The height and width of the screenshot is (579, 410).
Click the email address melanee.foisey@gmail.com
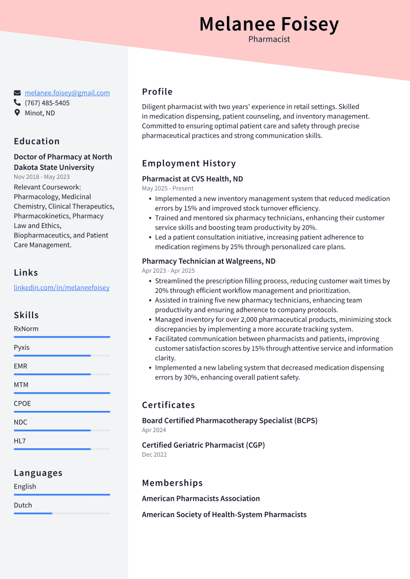pyautogui.click(x=67, y=93)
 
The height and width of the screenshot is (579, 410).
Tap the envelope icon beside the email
pyautogui.click(x=17, y=93)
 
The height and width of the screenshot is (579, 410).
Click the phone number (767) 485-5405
pyautogui.click(x=47, y=103)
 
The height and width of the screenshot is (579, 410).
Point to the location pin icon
pyautogui.click(x=17, y=113)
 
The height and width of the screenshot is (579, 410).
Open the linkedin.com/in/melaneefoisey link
pyautogui.click(x=62, y=288)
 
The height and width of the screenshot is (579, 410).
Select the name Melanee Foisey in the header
pyautogui.click(x=269, y=24)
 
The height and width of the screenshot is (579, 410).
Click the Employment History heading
pyautogui.click(x=189, y=163)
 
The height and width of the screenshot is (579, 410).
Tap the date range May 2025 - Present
pyautogui.click(x=167, y=188)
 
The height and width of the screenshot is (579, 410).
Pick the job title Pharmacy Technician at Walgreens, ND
pyautogui.click(x=208, y=261)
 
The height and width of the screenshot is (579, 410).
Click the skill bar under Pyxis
pyautogui.click(x=62, y=355)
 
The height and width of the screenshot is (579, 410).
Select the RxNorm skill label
pyautogui.click(x=26, y=329)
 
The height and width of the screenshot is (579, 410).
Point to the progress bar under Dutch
pyautogui.click(x=62, y=513)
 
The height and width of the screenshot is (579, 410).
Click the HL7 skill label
pyautogui.click(x=20, y=441)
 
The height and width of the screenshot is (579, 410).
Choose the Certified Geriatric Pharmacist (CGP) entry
pyautogui.click(x=203, y=445)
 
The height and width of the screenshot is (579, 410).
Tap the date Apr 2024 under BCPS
pyautogui.click(x=154, y=430)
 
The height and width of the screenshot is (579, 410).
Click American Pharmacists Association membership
pyautogui.click(x=201, y=498)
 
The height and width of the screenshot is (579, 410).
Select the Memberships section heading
pyautogui.click(x=172, y=483)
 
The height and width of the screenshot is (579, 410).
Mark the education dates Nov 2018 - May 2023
pyautogui.click(x=42, y=177)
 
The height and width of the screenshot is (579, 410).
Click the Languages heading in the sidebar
pyautogui.click(x=38, y=473)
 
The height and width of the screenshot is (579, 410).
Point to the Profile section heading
pyautogui.click(x=157, y=91)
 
